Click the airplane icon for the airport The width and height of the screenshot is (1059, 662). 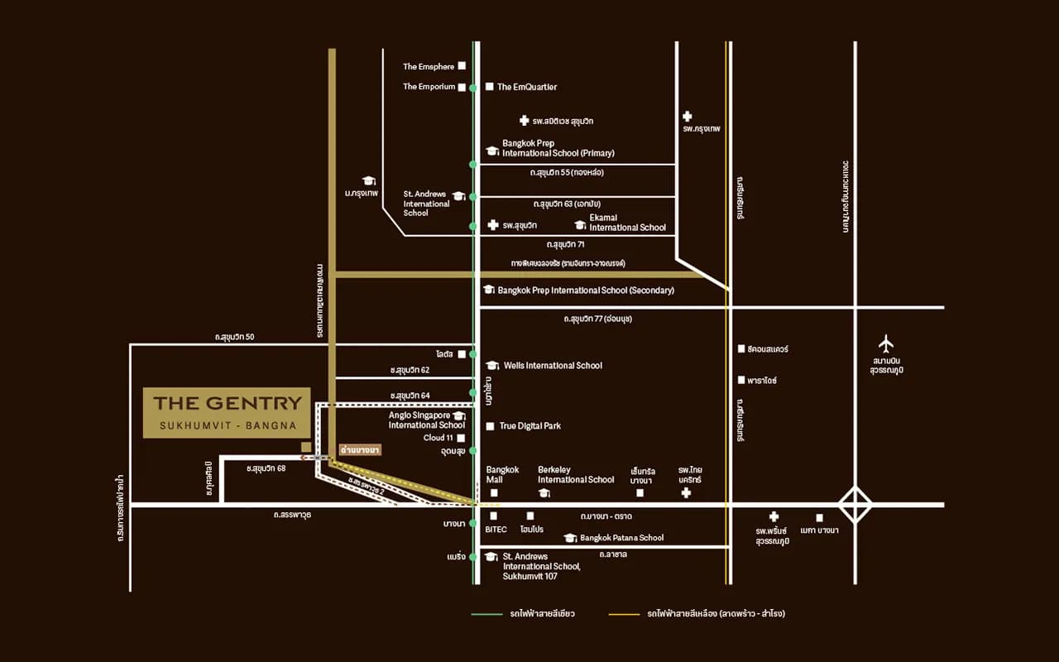coord(886,342)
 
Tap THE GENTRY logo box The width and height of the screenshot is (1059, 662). coord(227,412)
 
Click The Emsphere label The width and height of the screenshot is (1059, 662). coord(428,66)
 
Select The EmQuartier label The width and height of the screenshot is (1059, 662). coord(527,87)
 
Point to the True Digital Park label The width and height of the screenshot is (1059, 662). coord(529,426)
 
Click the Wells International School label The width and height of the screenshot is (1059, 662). coord(553,366)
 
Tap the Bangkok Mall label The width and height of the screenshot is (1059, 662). coord(502,474)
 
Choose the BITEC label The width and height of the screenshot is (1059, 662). coord(496,529)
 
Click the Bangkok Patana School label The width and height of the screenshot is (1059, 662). coord(621,538)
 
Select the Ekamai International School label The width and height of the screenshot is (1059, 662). coord(627,223)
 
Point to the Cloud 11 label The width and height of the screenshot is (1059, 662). coord(438,438)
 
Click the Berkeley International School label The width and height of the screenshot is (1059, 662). coord(576,474)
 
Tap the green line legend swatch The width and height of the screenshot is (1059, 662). coord(486,614)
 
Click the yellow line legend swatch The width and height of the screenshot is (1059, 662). coord(624,614)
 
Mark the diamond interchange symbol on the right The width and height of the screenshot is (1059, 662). coord(855,504)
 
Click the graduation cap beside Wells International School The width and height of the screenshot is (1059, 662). coord(491,366)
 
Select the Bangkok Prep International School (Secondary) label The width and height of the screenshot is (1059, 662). coord(586,290)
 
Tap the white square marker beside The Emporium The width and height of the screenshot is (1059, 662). coord(462,86)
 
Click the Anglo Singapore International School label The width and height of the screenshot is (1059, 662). coord(419,420)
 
